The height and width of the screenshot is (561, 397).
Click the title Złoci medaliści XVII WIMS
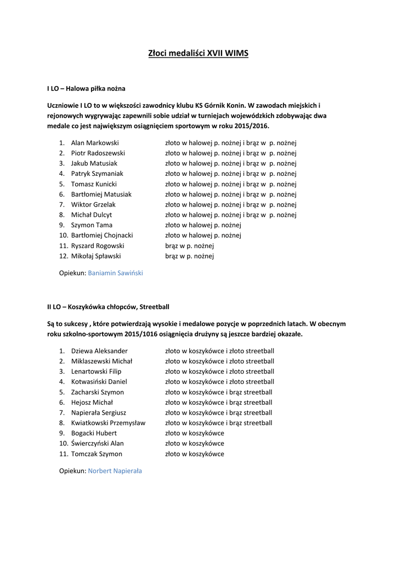198,54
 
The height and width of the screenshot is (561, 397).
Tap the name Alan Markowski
95,143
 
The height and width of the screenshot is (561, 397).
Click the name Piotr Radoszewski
98,153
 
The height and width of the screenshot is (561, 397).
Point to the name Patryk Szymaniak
97,174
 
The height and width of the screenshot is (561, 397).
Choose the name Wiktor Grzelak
93,204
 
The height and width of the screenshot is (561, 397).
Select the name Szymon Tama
92,225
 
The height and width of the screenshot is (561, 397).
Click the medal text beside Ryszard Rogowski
189,246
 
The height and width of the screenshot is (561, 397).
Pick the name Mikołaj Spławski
96,256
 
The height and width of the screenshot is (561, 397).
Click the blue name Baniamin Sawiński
115,272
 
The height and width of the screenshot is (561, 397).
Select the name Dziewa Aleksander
99,351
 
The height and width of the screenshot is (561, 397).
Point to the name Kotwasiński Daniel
99,382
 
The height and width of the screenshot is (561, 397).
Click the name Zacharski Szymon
98,392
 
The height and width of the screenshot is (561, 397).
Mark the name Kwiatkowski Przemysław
108,423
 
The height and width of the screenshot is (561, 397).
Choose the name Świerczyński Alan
98,444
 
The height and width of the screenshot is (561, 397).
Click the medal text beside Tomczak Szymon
195,454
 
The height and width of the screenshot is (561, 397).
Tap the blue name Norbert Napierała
115,471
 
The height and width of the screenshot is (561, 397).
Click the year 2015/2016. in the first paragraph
252,125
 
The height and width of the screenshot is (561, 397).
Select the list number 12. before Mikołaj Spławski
63,256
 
